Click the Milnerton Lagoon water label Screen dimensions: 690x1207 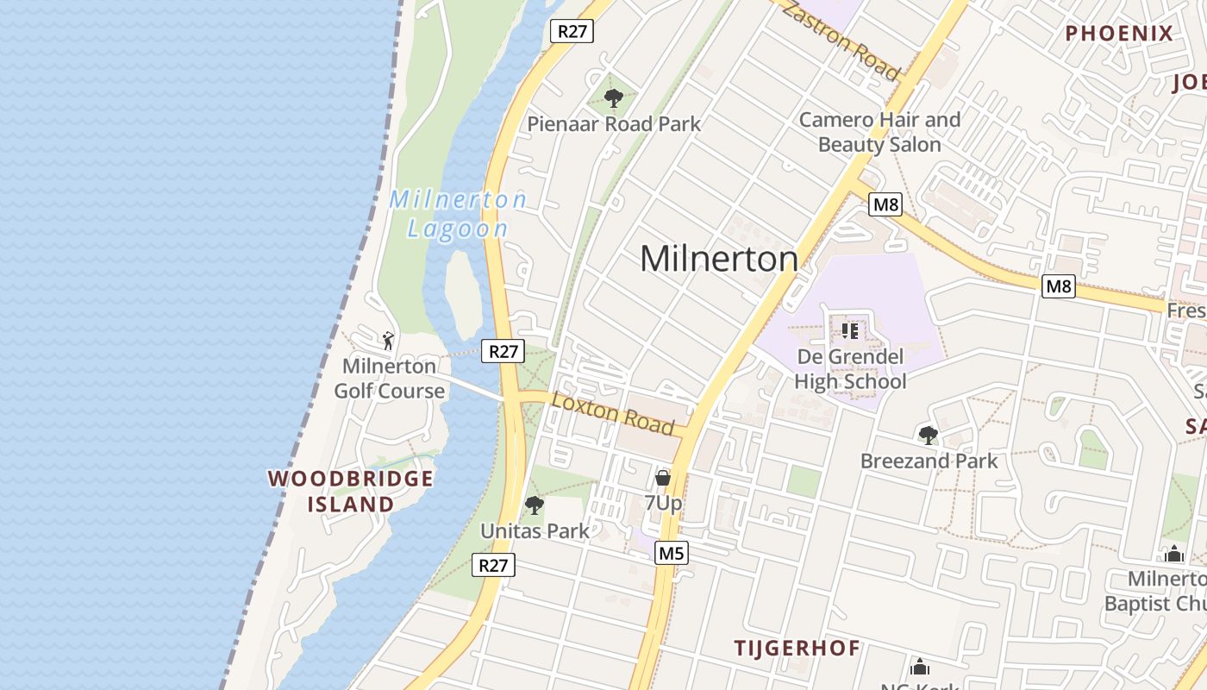click(457, 214)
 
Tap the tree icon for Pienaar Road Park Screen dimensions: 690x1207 click(613, 98)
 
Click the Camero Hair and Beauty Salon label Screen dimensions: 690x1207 click(879, 132)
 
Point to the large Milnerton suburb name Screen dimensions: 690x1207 click(719, 259)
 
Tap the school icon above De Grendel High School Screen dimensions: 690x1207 click(850, 330)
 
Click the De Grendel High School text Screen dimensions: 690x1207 click(850, 369)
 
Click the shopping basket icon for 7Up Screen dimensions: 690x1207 click(663, 477)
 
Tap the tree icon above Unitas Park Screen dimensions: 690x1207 click(535, 505)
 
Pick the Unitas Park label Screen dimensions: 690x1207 click(535, 530)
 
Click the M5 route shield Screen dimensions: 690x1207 click(671, 553)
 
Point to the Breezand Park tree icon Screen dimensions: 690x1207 click(929, 436)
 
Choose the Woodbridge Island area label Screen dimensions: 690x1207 click(351, 491)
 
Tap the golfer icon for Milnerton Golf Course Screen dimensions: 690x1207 click(388, 340)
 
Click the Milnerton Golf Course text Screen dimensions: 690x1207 click(390, 379)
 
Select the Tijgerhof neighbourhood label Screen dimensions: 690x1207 click(797, 648)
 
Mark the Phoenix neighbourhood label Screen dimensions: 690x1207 click(1119, 34)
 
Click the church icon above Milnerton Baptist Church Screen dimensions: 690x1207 click(1173, 554)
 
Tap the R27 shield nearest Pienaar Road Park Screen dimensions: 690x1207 click(572, 31)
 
